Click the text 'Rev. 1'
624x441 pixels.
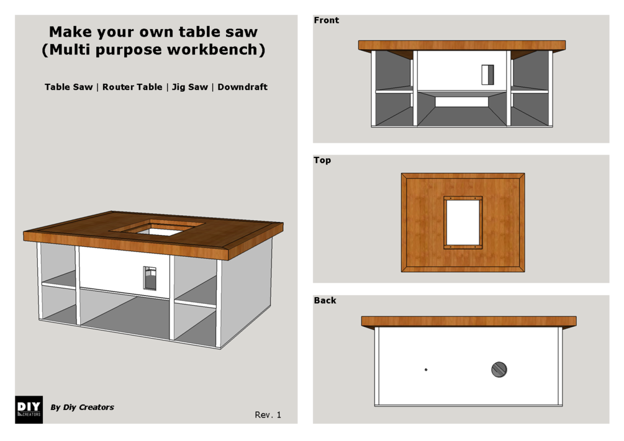(268, 414)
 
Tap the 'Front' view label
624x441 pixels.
(326, 20)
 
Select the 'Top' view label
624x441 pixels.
(322, 160)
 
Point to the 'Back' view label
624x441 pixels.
(325, 300)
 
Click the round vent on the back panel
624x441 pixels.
(499, 370)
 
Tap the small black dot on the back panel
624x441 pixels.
(426, 370)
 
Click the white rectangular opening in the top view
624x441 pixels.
(463, 223)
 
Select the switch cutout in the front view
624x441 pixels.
(487, 74)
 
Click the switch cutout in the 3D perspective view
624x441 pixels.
(150, 278)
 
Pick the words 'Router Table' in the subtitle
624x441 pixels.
(132, 87)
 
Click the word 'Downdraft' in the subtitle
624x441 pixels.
(242, 87)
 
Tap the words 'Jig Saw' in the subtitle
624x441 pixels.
(190, 87)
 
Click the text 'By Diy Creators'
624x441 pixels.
(83, 408)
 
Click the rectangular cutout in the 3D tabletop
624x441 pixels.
(157, 228)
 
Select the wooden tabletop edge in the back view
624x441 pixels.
(469, 321)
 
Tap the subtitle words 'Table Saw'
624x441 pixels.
(68, 87)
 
